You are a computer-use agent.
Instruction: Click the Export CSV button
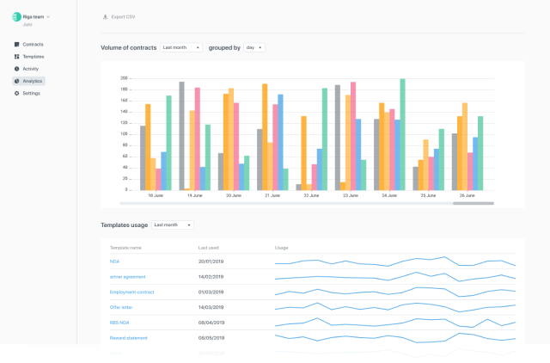pyautogui.click(x=119, y=16)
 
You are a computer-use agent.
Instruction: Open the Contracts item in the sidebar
pyautogui.click(x=33, y=44)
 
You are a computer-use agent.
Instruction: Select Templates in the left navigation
pyautogui.click(x=34, y=56)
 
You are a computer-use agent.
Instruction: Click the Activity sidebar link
pyautogui.click(x=31, y=68)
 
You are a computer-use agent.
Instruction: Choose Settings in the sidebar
pyautogui.click(x=31, y=93)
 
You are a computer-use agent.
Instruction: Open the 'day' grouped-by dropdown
pyautogui.click(x=254, y=48)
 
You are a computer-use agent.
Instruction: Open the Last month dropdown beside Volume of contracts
pyautogui.click(x=181, y=48)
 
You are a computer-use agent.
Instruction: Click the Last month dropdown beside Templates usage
pyautogui.click(x=172, y=225)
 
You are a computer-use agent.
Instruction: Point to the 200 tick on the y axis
pyautogui.click(x=124, y=77)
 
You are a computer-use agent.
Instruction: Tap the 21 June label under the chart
pyautogui.click(x=272, y=196)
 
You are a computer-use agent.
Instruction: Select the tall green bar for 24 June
pyautogui.click(x=402, y=134)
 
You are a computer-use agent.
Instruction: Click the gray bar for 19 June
pyautogui.click(x=181, y=136)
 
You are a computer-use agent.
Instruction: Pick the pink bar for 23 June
pyautogui.click(x=353, y=136)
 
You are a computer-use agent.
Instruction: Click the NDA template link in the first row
pyautogui.click(x=114, y=261)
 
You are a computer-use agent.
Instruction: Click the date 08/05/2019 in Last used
pyautogui.click(x=211, y=338)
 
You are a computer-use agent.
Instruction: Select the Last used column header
pyautogui.click(x=209, y=247)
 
